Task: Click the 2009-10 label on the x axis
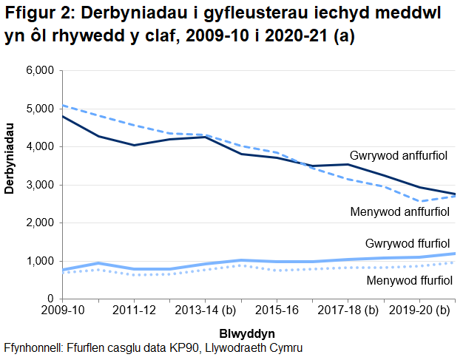tap(62, 310)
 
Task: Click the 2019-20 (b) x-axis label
tap(419, 310)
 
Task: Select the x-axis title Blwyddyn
tap(248, 333)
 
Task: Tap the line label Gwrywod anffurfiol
tap(399, 156)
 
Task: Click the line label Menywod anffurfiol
tap(399, 213)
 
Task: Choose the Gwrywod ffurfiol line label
tap(408, 243)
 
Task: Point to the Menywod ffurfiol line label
tap(409, 280)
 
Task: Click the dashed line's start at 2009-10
tap(63, 105)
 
